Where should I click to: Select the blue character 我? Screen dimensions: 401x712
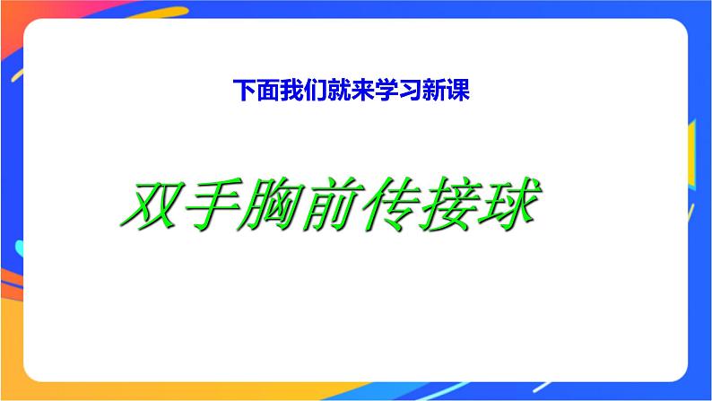(291, 91)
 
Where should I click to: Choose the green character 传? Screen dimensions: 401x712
(386, 204)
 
